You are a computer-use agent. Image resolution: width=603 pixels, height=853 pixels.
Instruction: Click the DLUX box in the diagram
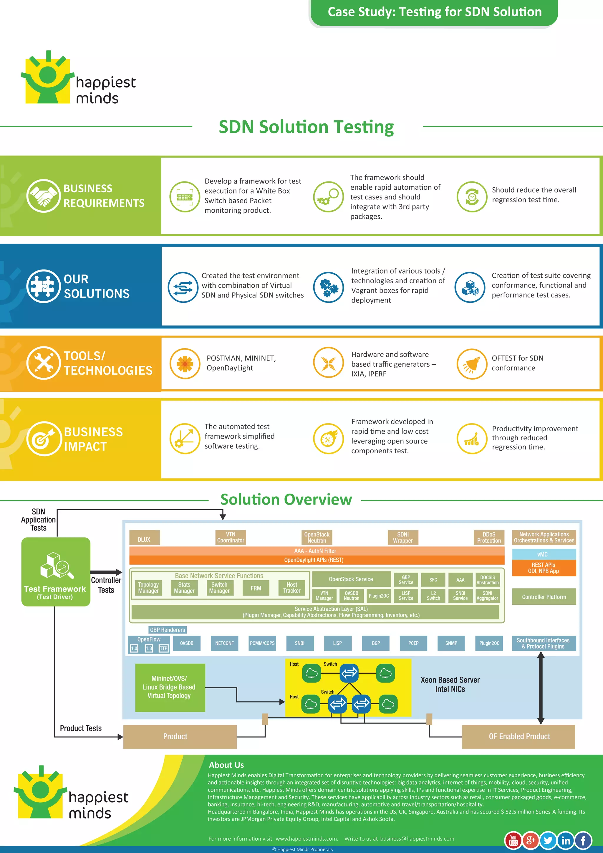point(145,538)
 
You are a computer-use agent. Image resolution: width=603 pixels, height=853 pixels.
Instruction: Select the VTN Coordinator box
point(231,538)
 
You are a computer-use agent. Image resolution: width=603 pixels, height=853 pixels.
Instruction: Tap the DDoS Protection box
point(489,538)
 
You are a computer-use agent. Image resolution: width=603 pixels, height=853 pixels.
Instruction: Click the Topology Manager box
point(148,588)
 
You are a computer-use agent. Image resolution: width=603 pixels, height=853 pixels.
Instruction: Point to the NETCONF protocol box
point(224,643)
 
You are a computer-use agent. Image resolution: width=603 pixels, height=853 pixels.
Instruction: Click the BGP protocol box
point(376,643)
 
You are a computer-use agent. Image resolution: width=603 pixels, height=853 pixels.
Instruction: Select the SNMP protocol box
point(451,643)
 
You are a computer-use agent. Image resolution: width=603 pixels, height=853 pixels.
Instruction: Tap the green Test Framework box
point(56,572)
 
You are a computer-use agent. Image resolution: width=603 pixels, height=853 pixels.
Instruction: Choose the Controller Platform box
point(544,597)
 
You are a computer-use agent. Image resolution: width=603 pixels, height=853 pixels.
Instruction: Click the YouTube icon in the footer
point(513,840)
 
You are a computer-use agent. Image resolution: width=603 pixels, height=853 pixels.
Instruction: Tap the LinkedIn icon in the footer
point(566,840)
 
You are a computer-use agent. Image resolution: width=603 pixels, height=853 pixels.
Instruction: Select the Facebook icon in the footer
point(583,840)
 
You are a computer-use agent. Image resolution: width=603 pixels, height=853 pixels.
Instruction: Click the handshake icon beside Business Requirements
point(44,196)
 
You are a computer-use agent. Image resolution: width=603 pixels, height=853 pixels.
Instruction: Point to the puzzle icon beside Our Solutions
point(44,286)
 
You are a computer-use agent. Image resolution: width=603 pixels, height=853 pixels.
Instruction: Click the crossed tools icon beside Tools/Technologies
point(44,363)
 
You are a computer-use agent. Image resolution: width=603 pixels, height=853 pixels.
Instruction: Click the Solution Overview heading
point(286,499)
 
